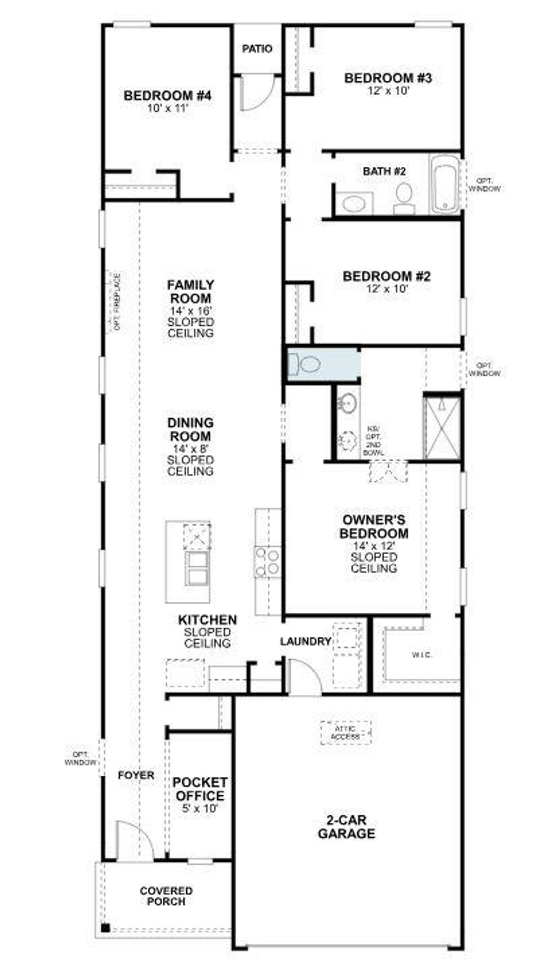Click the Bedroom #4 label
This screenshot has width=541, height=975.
pos(167,96)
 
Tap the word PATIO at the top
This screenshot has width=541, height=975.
pos(257,49)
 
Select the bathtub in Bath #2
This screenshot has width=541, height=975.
pos(444,185)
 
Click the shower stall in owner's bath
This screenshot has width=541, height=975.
pos(443,427)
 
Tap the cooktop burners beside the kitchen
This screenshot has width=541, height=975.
pos(267,562)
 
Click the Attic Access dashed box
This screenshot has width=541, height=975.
pos(346,733)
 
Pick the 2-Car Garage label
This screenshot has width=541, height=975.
pos(346,827)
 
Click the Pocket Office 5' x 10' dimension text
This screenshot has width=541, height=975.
pos(200,808)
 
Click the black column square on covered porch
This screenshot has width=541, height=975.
pos(105,927)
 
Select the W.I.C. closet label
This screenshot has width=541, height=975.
pos(422,655)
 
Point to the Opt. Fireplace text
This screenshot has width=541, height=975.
pos(117,302)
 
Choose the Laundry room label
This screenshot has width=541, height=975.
pos(305,641)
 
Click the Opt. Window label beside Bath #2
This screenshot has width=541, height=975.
pos(484,184)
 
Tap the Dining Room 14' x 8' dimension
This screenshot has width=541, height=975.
pos(190,448)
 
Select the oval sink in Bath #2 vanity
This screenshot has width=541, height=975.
pos(352,203)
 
